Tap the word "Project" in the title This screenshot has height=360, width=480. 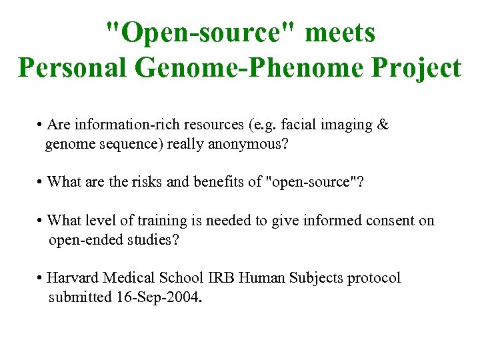point(418,67)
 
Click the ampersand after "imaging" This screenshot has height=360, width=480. point(383,125)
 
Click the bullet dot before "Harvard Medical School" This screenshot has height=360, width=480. point(41,278)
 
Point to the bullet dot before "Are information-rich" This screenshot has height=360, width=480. point(41,125)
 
